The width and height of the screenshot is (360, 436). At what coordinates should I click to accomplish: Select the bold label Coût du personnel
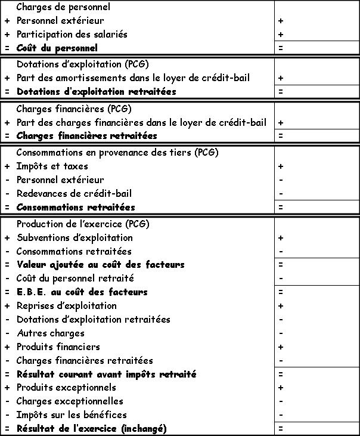pos(57,48)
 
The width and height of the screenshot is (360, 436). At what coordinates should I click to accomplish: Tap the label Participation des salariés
pos(72,34)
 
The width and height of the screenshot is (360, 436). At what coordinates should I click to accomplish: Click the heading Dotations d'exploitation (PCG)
pos(82,64)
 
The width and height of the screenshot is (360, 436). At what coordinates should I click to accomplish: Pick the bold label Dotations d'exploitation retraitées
pos(96,92)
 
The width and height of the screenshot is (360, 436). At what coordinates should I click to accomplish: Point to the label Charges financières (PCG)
pos(74,109)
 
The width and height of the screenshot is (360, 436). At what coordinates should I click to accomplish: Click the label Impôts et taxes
pos(52,166)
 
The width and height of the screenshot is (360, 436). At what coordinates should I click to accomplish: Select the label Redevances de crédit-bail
pos(74,193)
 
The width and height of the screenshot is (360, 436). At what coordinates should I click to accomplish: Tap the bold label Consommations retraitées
pos(76,208)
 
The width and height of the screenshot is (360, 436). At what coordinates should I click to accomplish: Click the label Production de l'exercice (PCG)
pos(83,224)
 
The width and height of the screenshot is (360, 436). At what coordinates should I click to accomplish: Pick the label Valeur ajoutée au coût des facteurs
pos(100,264)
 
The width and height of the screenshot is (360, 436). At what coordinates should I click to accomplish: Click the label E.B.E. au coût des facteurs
pos(82,292)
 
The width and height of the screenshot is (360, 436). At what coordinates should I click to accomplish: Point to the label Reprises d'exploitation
pos(66,306)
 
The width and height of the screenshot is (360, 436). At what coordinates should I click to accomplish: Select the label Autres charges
pos(50,333)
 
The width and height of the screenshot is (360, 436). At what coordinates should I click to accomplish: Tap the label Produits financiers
pos(58,347)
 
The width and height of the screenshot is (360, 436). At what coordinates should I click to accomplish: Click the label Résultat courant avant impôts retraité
pos(106,375)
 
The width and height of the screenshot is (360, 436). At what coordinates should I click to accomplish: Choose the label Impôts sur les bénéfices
pos(71,415)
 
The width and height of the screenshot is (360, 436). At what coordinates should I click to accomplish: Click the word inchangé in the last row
pos(143,429)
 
